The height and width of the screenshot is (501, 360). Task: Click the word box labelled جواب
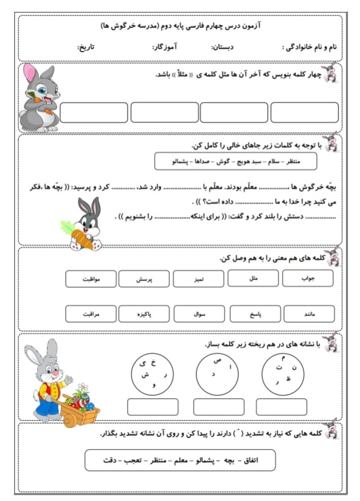click(308, 278)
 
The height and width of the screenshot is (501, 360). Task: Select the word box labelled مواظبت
click(91, 279)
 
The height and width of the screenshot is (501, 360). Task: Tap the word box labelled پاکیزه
click(145, 314)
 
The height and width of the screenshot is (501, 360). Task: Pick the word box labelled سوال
click(199, 314)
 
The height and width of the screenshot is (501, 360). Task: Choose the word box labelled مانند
click(309, 314)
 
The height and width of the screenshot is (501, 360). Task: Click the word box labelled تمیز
click(199, 279)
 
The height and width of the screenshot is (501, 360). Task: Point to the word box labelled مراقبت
click(91, 314)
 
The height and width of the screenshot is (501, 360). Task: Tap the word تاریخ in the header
click(86, 47)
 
